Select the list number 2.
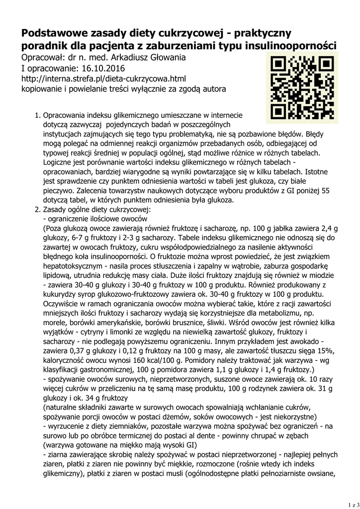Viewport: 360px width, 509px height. (x=37, y=210)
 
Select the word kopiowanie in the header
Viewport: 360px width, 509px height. (x=42, y=89)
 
